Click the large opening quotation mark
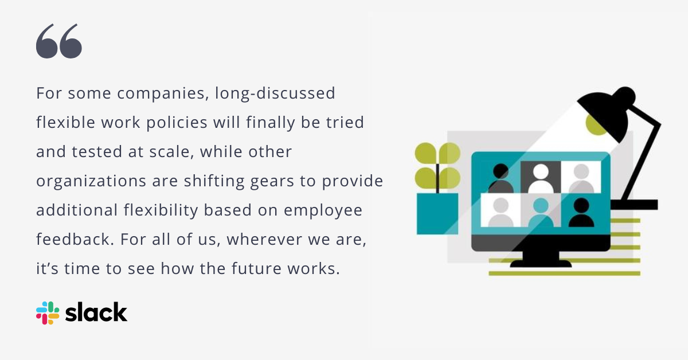pyautogui.click(x=59, y=42)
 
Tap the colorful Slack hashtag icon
pyautogui.click(x=48, y=313)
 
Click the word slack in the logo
pyautogui.click(x=96, y=312)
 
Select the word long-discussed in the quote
pyautogui.click(x=275, y=93)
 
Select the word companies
pyautogui.click(x=162, y=93)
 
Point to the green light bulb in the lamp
pyautogui.click(x=597, y=124)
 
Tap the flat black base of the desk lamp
pyautogui.click(x=634, y=205)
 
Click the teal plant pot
pyautogui.click(x=437, y=213)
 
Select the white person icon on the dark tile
pyautogui.click(x=540, y=178)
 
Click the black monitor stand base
pyautogui.click(x=541, y=263)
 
